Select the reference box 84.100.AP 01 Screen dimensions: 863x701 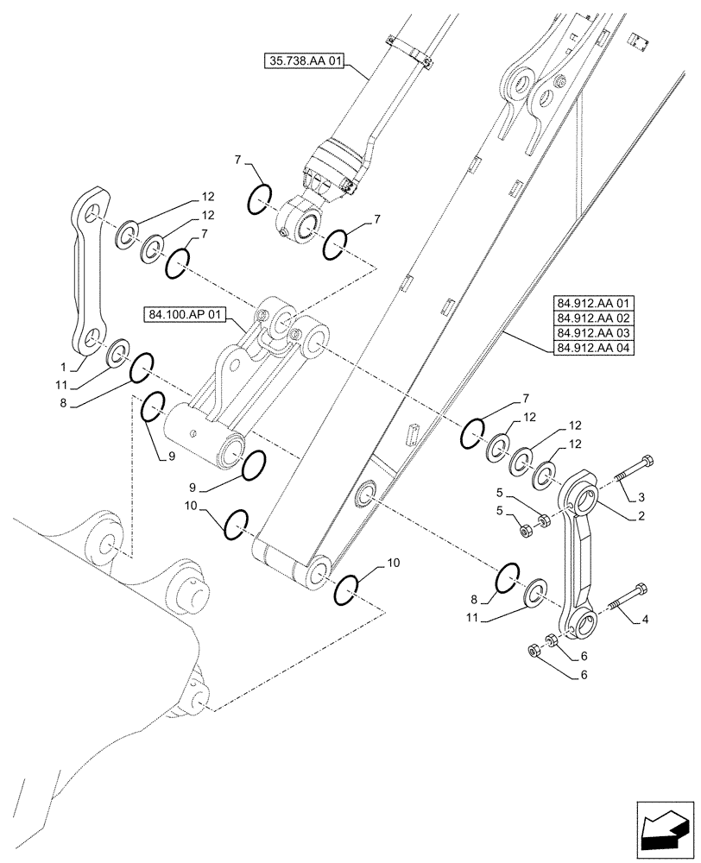pyautogui.click(x=182, y=317)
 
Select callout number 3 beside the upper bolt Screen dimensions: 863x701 pyautogui.click(x=641, y=498)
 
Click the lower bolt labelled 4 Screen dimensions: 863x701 pyautogui.click(x=630, y=597)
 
